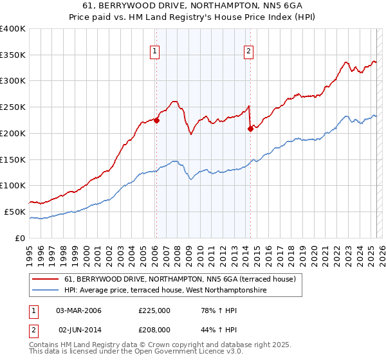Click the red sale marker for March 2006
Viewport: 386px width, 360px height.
coord(156,120)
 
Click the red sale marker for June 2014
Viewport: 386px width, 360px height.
coord(250,129)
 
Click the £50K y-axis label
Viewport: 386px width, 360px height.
coord(15,212)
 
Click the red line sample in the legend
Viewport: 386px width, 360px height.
coord(46,279)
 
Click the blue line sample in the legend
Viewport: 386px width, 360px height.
coord(46,290)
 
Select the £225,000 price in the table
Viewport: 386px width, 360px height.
coord(154,310)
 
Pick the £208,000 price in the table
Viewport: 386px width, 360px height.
coord(154,328)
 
